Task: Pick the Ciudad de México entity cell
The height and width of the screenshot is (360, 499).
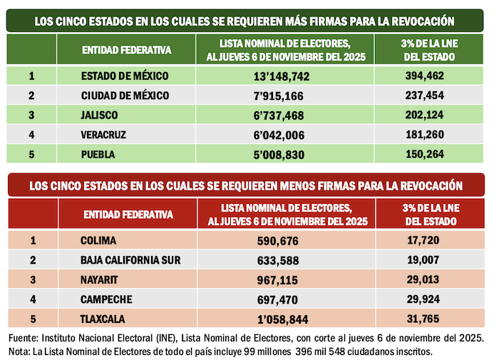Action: pos(125,96)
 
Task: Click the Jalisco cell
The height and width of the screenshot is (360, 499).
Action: pos(100,115)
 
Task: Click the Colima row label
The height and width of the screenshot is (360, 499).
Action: pos(98,241)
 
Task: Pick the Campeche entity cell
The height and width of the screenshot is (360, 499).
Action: pos(103,299)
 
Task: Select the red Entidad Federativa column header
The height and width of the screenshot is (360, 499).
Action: pos(128,214)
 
